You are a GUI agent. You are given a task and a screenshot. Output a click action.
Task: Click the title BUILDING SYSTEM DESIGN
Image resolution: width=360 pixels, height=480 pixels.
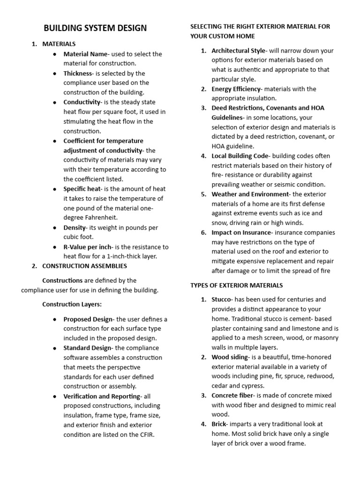click(95, 28)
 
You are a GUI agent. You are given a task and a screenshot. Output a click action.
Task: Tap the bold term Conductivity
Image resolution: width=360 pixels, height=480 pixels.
click(82, 102)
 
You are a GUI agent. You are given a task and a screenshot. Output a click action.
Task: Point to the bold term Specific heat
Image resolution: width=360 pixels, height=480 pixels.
click(82, 189)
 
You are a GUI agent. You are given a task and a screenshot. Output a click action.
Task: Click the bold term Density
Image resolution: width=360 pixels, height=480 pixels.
click(75, 227)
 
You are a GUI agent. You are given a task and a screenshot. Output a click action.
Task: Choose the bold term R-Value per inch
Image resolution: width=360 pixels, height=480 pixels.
click(88, 247)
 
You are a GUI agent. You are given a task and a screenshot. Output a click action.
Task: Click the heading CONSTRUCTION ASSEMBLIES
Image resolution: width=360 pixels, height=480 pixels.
click(84, 266)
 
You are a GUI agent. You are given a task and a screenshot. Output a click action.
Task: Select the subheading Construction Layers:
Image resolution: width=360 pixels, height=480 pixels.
click(72, 304)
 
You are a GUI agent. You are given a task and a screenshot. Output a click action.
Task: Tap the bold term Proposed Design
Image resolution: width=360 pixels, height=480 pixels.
click(88, 319)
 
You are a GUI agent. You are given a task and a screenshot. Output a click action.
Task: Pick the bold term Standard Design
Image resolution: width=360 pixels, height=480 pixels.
click(88, 348)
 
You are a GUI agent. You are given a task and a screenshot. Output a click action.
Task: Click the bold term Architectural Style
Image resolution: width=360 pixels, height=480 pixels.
click(238, 51)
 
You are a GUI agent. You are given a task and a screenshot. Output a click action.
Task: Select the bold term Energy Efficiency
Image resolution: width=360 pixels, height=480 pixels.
click(235, 89)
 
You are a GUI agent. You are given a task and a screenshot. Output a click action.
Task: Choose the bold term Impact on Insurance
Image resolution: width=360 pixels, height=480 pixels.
click(241, 232)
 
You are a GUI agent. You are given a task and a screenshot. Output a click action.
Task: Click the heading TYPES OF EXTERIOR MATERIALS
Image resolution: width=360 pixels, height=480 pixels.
click(236, 285)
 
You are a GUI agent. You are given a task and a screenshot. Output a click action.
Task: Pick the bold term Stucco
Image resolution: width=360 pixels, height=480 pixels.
click(222, 299)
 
